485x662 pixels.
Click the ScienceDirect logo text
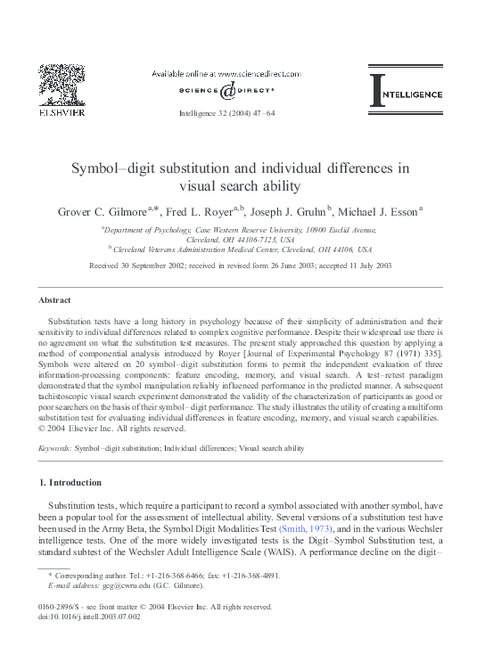[x=241, y=91]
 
